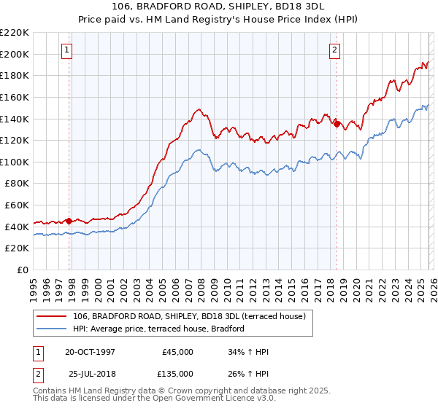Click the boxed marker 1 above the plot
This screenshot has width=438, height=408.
[x=66, y=50]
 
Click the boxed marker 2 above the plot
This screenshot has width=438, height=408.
[x=334, y=50]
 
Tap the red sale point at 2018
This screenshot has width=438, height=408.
[x=337, y=124]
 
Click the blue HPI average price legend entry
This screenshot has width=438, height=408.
[x=158, y=329]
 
